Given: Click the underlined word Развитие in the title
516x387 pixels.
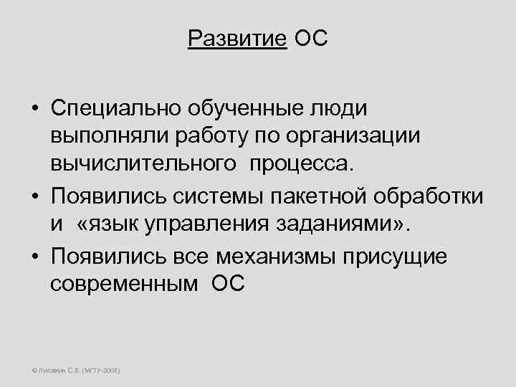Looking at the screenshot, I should click(x=237, y=38).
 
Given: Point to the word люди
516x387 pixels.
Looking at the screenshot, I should click(x=340, y=109).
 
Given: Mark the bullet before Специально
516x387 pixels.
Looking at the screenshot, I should click(x=34, y=109).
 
